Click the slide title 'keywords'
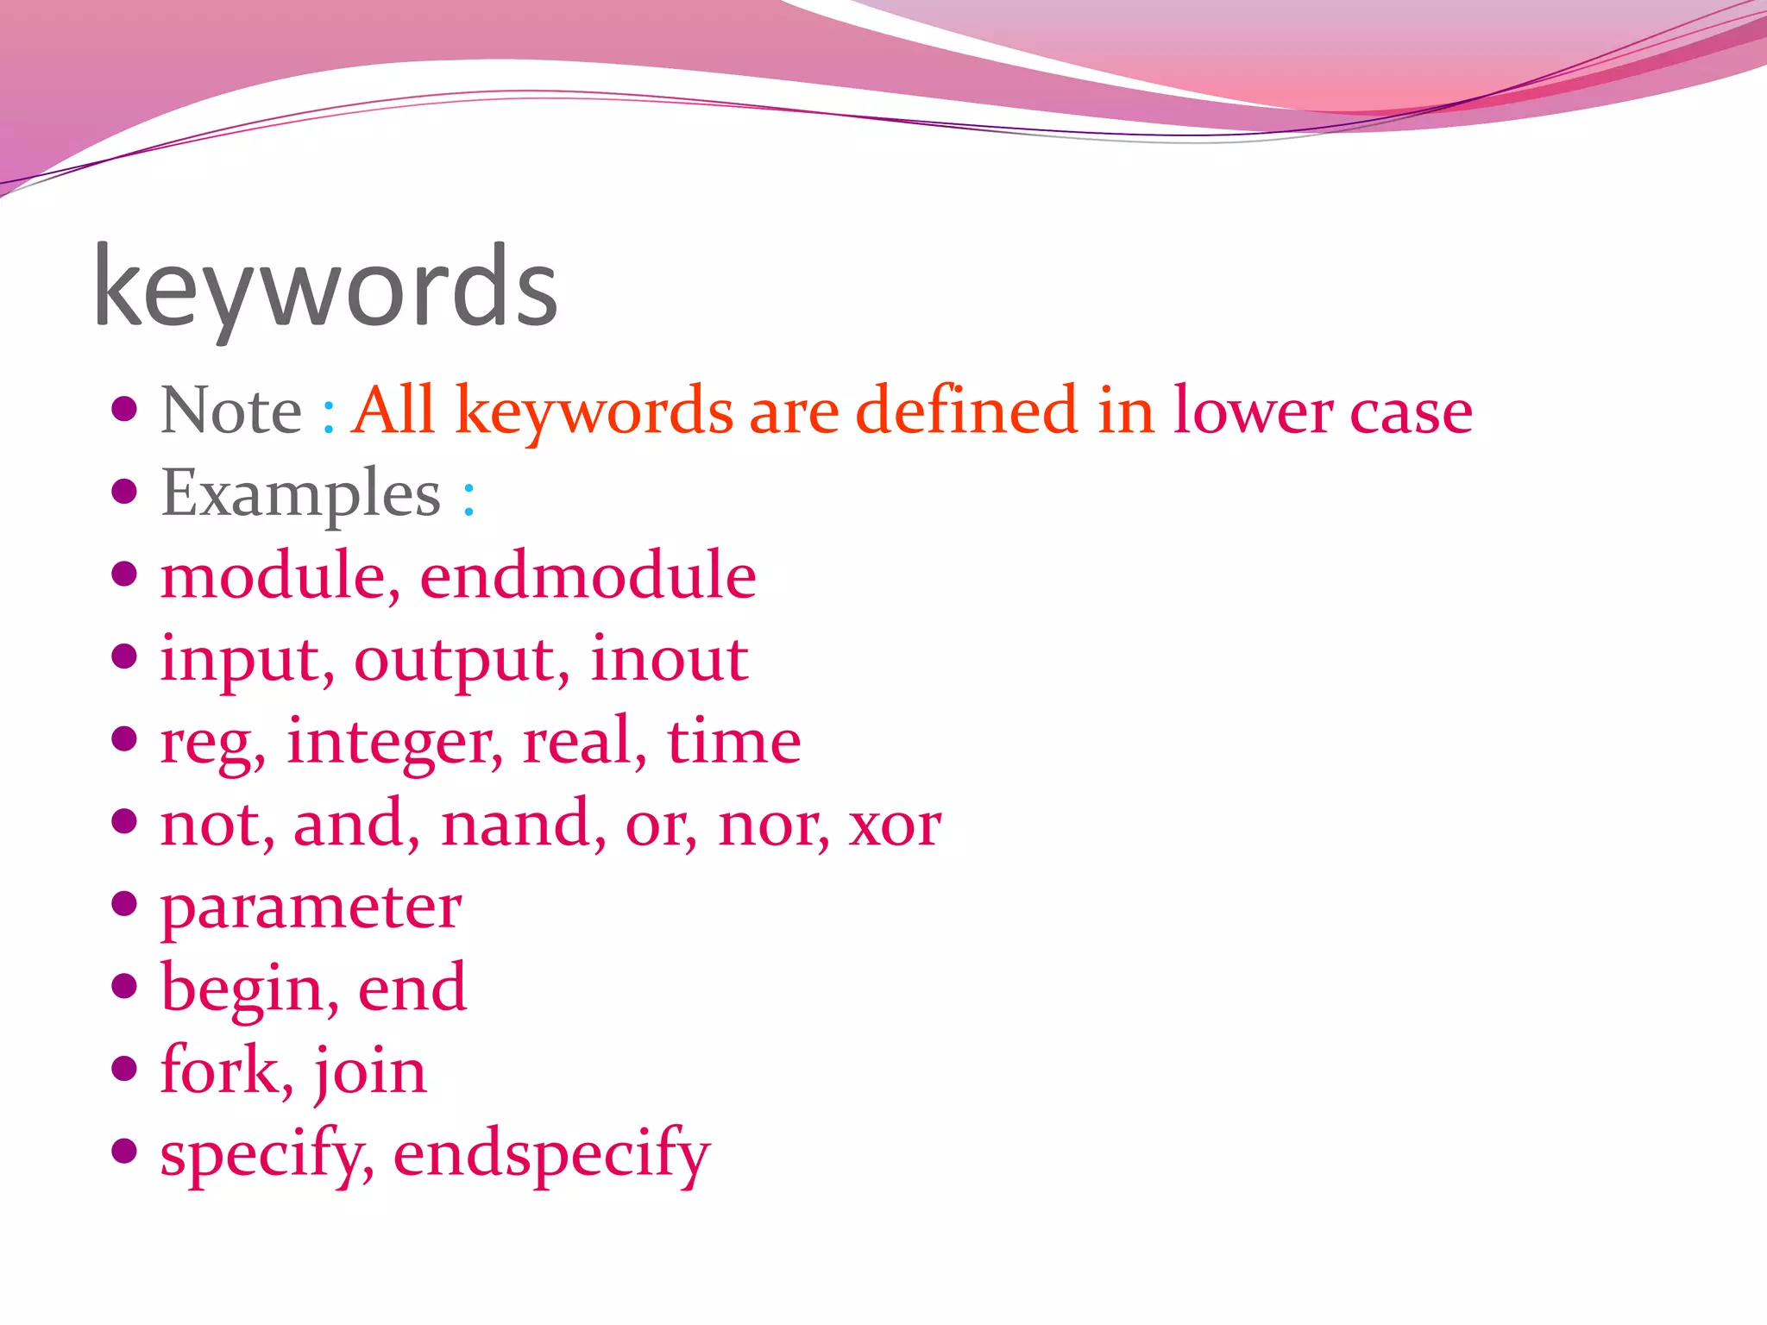coord(325,286)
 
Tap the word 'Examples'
coord(300,493)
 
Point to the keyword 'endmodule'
coord(588,575)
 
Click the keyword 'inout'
coord(669,658)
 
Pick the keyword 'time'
coord(733,741)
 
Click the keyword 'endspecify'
coord(551,1154)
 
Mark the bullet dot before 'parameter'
coord(125,903)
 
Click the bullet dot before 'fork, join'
coord(125,1068)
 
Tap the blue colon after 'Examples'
coord(468,498)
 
